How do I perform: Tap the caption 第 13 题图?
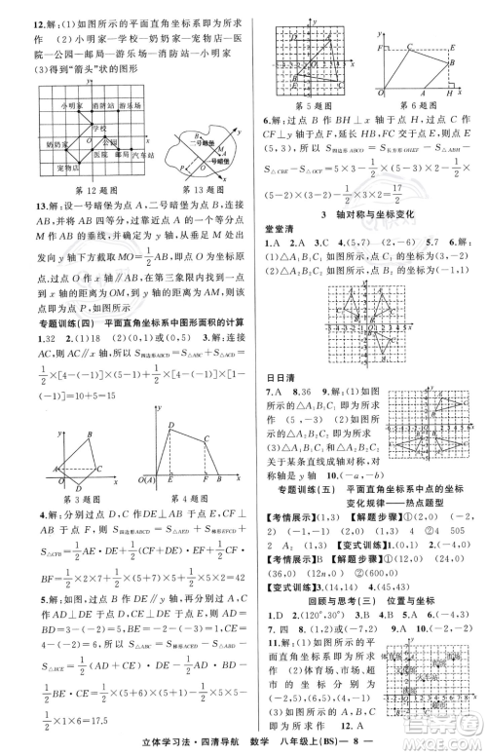click(181, 189)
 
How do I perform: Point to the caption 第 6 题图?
click(420, 103)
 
